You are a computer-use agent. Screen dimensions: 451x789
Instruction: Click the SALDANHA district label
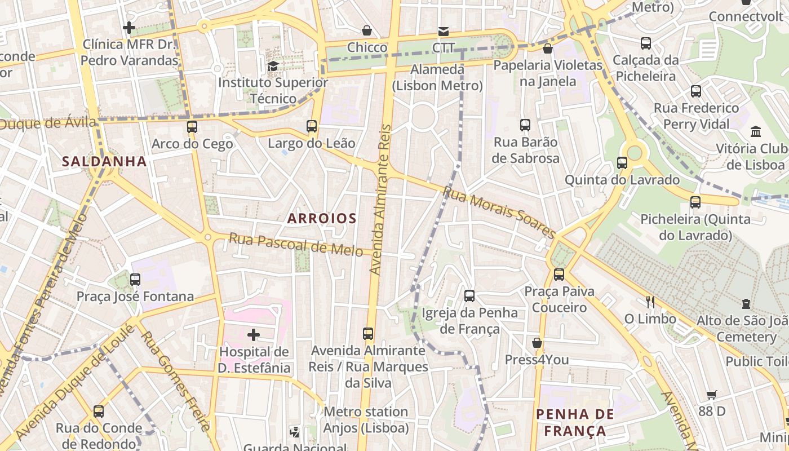coord(104,161)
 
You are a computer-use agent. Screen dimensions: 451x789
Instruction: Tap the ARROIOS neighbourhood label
coord(322,218)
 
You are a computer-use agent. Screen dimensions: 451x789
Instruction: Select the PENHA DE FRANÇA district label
coord(575,423)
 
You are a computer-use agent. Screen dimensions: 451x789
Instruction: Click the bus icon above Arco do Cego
coord(192,127)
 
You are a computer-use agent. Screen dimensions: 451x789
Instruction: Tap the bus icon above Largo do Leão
coord(312,126)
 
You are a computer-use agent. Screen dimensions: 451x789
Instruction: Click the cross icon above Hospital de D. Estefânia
coord(254,335)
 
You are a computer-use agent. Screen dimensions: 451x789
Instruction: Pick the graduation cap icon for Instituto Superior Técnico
coord(273,66)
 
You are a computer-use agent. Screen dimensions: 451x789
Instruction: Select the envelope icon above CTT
coord(444,31)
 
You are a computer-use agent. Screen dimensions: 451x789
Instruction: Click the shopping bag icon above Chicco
coord(367,30)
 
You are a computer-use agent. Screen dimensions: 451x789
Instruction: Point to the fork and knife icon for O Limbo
coord(650,302)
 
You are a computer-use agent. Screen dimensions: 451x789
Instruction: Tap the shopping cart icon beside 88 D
coord(711,395)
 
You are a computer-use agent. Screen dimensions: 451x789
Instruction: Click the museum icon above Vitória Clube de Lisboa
coord(756,132)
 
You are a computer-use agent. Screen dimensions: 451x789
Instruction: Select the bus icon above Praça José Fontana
coord(135,279)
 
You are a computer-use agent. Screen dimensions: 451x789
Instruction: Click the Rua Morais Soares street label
coord(499,212)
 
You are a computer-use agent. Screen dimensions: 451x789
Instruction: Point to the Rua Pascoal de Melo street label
coord(296,245)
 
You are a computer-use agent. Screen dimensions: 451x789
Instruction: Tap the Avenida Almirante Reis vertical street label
coord(380,200)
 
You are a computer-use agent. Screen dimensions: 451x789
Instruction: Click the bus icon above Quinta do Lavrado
coord(622,163)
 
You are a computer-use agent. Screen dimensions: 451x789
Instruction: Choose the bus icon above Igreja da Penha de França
coord(469,295)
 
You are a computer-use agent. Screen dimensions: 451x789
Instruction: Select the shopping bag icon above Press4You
coord(537,343)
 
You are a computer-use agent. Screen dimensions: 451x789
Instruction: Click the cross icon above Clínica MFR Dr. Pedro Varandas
coord(129,27)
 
